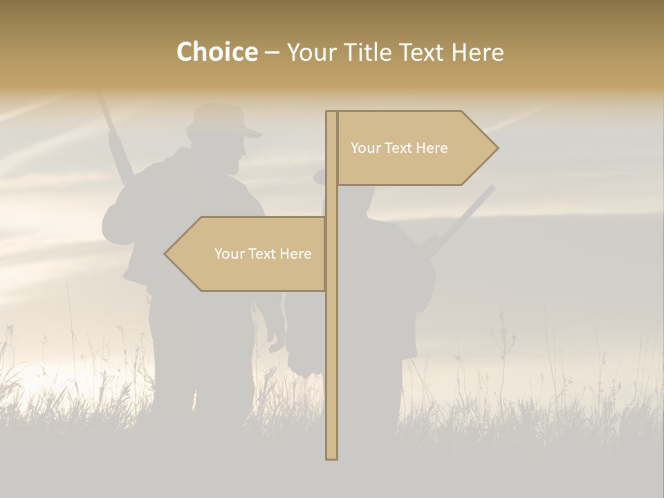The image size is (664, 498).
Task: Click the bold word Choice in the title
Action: (216, 52)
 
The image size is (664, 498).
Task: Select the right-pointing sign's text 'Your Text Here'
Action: (399, 148)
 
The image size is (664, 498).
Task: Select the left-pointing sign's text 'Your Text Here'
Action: (263, 254)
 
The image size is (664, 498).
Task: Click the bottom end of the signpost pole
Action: (331, 456)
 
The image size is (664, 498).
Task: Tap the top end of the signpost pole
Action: (331, 113)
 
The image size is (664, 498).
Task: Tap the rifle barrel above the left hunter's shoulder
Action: (115, 138)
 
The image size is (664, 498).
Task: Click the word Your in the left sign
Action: (229, 254)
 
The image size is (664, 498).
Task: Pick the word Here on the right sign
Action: (432, 148)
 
